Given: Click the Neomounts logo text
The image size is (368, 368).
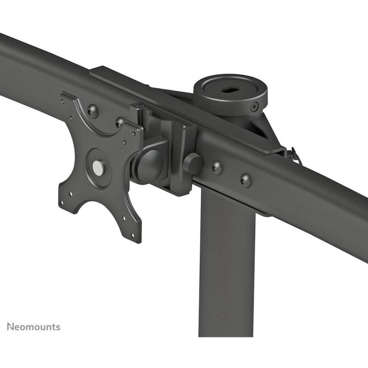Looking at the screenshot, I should (x=33, y=326).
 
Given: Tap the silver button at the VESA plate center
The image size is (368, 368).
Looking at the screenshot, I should (x=98, y=167).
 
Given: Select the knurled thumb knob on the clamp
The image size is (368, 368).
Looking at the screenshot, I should (x=192, y=163).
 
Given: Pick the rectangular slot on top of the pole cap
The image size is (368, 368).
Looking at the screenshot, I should (x=230, y=90).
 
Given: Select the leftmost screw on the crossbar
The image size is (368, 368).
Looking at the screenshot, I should (x=93, y=110).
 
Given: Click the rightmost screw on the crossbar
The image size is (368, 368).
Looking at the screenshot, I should (x=245, y=180).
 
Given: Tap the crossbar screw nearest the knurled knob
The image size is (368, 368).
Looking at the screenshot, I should (x=216, y=168).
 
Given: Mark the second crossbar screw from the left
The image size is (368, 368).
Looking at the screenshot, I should (x=121, y=122).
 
